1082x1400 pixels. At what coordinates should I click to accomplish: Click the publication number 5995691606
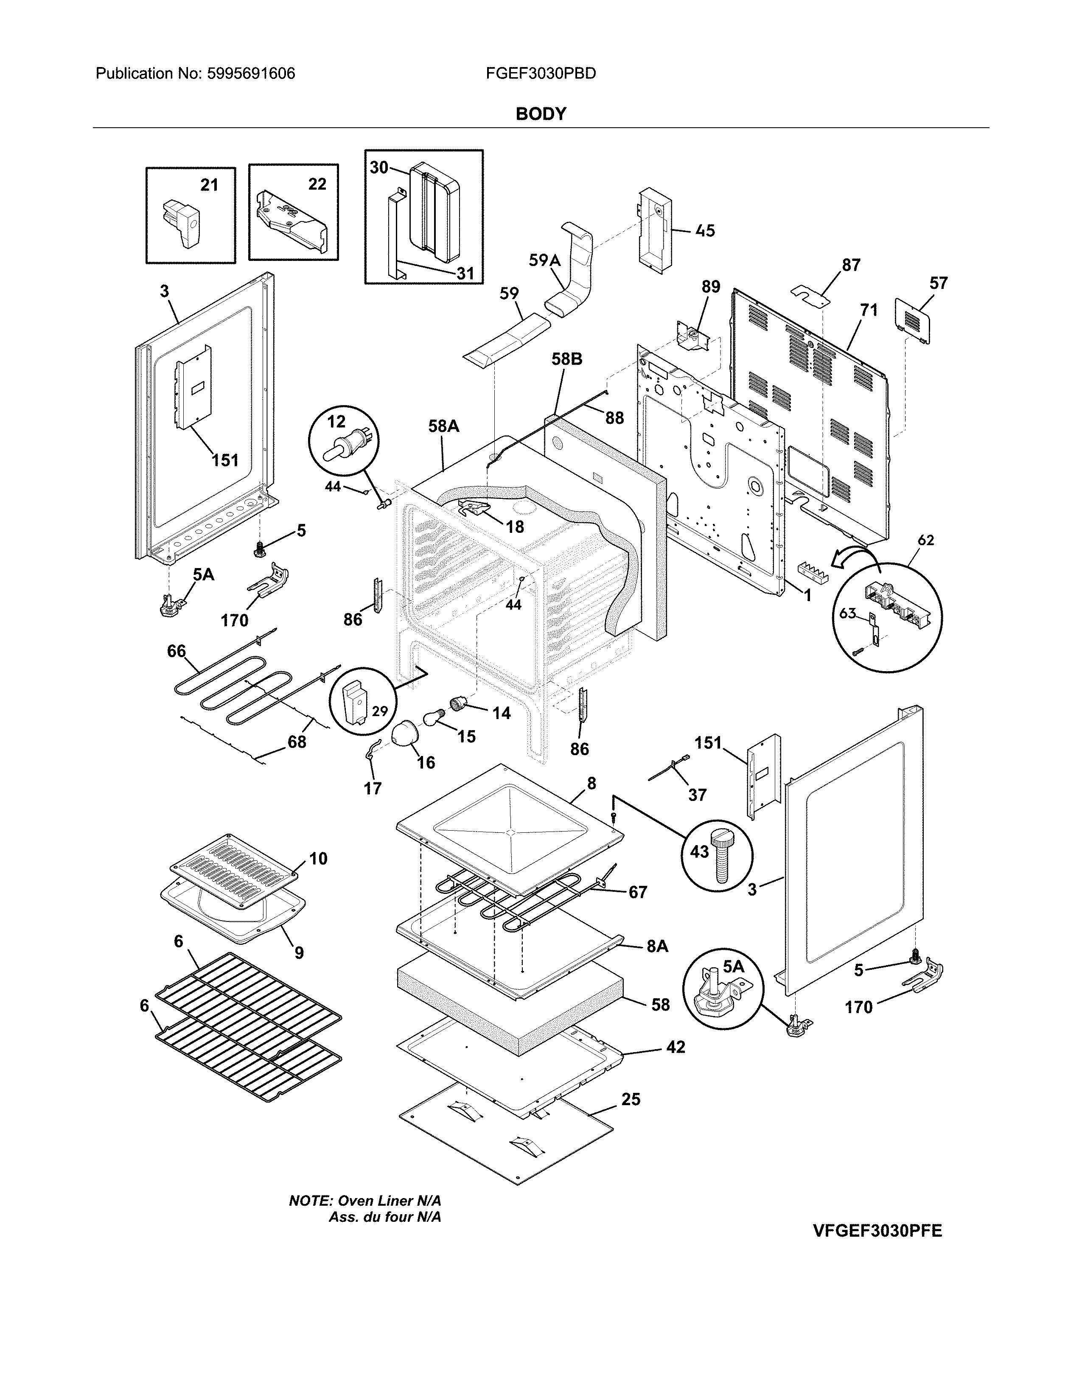pos(251,74)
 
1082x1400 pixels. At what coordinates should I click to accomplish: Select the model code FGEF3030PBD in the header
pos(540,74)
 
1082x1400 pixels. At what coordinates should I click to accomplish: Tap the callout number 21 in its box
pos(209,185)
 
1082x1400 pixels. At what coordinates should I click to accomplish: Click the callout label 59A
pos(544,260)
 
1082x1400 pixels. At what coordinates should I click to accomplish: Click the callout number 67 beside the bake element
pos(637,892)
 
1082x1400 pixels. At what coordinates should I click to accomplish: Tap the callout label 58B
pos(566,360)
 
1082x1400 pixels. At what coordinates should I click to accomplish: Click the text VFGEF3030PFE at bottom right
pos(877,1231)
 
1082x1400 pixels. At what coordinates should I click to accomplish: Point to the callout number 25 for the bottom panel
pos(631,1099)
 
